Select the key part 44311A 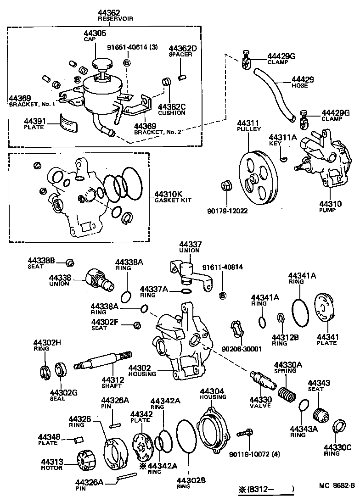click(x=284, y=158)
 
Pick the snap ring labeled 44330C click(x=339, y=427)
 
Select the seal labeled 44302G click(x=60, y=370)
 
